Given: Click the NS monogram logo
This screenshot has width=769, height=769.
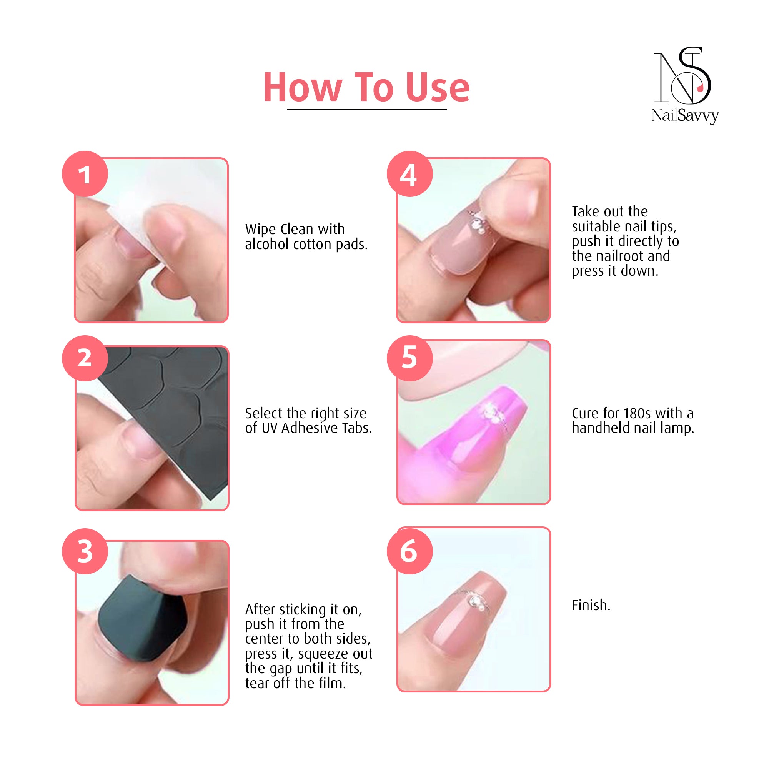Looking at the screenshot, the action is click(682, 76).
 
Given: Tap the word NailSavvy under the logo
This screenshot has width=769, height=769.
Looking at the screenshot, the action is click(685, 115).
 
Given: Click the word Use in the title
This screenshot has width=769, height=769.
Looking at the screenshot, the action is click(438, 88).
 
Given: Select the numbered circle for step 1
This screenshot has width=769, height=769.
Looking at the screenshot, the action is click(85, 174).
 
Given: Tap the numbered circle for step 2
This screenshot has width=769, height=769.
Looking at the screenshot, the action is click(85, 358).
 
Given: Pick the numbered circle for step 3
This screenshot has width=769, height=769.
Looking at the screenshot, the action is click(85, 551).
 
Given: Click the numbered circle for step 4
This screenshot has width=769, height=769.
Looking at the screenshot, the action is click(409, 174).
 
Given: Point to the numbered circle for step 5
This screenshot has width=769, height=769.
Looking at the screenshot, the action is click(409, 358).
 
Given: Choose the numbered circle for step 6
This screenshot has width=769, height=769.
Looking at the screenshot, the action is click(409, 551).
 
